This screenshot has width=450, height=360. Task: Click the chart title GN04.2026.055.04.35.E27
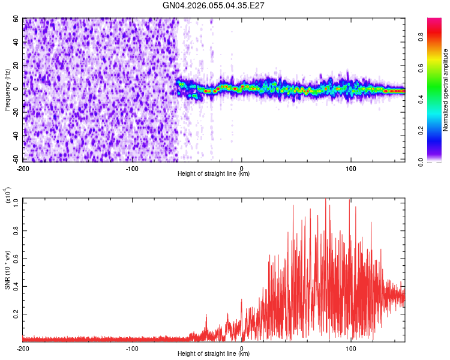pos(214,5)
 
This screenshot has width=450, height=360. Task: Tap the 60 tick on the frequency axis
pos(16,19)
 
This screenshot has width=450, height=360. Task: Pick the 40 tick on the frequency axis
pos(16,43)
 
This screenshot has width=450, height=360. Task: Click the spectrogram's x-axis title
pos(214,174)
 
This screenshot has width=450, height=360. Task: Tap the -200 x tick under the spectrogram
pos(23,167)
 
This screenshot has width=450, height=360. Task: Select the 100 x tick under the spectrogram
pos(350,167)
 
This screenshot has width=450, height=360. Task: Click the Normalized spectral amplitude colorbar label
pos(446,90)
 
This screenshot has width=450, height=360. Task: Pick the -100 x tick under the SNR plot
pos(132,348)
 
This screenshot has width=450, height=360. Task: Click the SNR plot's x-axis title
pos(214,354)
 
